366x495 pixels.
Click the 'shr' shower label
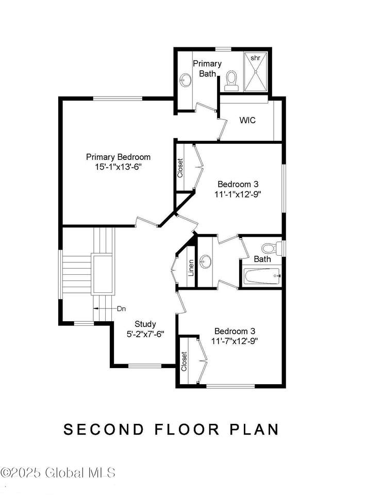click(x=255, y=58)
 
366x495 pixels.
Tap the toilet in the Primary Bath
click(x=231, y=81)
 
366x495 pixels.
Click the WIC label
click(x=247, y=120)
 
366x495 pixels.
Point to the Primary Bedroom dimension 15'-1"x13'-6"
click(x=118, y=167)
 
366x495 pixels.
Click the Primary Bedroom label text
click(x=119, y=157)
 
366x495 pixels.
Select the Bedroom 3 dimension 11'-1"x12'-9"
click(x=238, y=194)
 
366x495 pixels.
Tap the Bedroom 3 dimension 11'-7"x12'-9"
click(x=235, y=341)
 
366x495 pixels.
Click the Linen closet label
click(x=191, y=268)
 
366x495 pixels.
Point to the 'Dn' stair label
click(x=122, y=308)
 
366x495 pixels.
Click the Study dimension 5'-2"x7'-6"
click(x=145, y=334)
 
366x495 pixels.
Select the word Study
click(x=145, y=324)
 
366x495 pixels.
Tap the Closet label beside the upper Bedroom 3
click(x=180, y=168)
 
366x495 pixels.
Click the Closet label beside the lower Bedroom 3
click(x=184, y=361)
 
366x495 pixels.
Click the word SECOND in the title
click(x=104, y=430)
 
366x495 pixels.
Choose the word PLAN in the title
click(x=254, y=430)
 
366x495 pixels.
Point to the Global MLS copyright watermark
click(x=58, y=473)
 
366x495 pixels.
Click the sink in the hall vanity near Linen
click(x=206, y=261)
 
